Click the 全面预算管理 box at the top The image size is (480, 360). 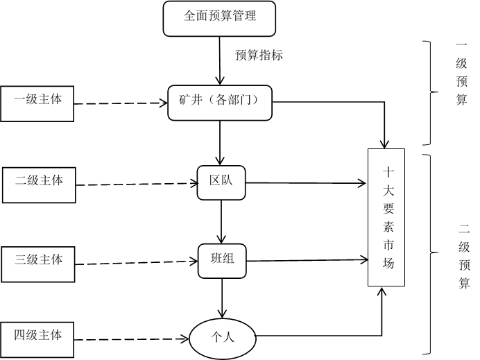pyautogui.click(x=219, y=19)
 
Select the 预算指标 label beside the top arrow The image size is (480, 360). pyautogui.click(x=259, y=55)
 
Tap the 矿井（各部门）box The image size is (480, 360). pyautogui.click(x=220, y=103)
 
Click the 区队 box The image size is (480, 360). pyautogui.click(x=221, y=182)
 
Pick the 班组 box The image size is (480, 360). pyautogui.click(x=222, y=261)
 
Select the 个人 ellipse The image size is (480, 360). pyautogui.click(x=223, y=338)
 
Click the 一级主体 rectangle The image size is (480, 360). pyautogui.click(x=37, y=104)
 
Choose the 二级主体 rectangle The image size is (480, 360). pyautogui.click(x=39, y=185)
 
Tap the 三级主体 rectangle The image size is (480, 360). pyautogui.click(x=38, y=264)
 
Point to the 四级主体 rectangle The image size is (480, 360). pyautogui.click(x=37, y=339)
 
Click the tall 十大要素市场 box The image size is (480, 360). pyautogui.click(x=386, y=217)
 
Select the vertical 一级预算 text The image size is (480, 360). pyautogui.click(x=461, y=74)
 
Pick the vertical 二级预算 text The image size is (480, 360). pyautogui.click(x=464, y=256)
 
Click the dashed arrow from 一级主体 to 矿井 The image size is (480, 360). pyautogui.click(x=121, y=103)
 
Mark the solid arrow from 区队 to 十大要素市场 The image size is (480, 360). pyautogui.click(x=306, y=183)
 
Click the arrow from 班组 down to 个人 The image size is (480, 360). pyautogui.click(x=222, y=298)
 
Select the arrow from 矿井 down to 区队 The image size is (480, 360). pyautogui.click(x=220, y=143)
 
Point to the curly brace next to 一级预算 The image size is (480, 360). pyautogui.click(x=431, y=92)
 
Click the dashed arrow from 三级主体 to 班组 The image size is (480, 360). pyautogui.click(x=137, y=263)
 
